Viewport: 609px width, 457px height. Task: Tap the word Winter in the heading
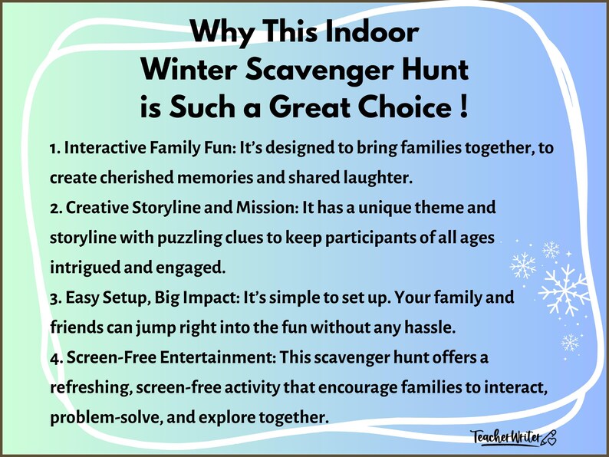tap(194, 70)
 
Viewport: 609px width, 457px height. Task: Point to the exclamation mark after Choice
tap(463, 106)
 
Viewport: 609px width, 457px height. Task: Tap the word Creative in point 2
tap(94, 208)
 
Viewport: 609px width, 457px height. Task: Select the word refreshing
tap(89, 387)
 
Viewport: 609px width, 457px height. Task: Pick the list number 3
tap(54, 298)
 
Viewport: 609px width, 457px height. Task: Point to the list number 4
tap(54, 357)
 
